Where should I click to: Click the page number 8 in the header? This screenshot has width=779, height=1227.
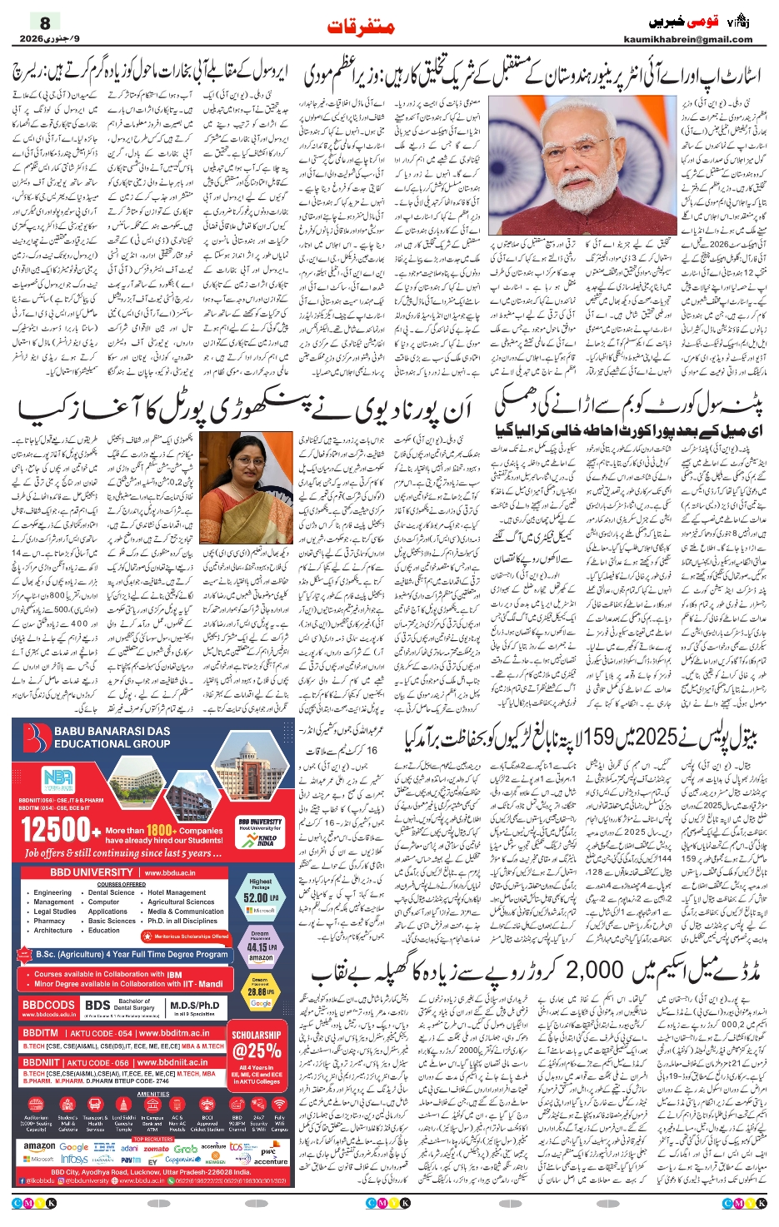tap(45, 22)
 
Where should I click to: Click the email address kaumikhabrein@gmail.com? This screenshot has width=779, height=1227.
tap(687, 39)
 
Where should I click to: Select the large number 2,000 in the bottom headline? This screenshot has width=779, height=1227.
tap(594, 969)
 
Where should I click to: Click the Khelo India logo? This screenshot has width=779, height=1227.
tap(267, 840)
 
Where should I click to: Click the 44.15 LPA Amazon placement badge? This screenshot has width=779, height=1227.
tap(260, 946)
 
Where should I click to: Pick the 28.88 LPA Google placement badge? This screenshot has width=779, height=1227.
tap(260, 992)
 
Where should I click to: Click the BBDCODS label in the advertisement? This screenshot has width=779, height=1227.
tap(48, 1005)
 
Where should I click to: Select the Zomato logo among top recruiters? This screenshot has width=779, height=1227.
tap(156, 1148)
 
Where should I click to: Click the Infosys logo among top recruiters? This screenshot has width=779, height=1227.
tap(74, 1159)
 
